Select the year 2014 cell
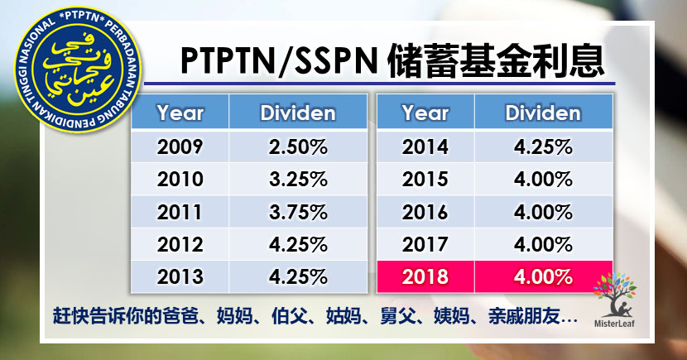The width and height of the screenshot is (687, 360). tap(425, 148)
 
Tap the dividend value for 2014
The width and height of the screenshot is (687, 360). tap(542, 148)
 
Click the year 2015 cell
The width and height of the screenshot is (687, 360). tap(425, 180)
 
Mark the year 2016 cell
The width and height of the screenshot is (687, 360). tap(425, 211)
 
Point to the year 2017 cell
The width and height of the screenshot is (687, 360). tap(425, 243)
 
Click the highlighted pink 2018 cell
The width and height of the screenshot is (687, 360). tap(425, 275)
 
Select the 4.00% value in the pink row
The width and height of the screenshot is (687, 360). tap(542, 275)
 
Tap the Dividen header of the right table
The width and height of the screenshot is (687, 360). tap(542, 112)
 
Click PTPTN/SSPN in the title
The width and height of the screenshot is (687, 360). tap(269, 62)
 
